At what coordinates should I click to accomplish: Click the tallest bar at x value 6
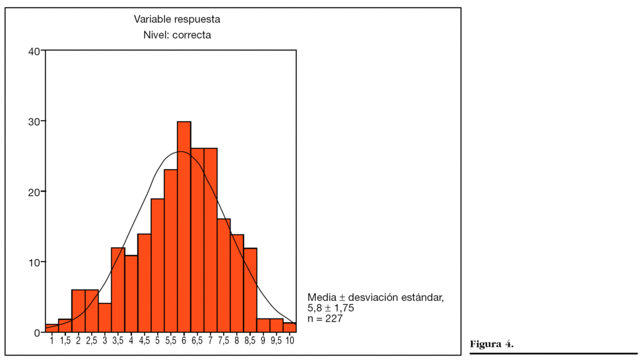point(184,226)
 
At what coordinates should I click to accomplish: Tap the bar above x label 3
point(105,317)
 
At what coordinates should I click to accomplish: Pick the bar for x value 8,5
point(251,290)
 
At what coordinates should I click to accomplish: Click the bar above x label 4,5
point(144,283)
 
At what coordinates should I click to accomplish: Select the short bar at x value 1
point(51,328)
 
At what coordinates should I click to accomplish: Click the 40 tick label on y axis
point(35,51)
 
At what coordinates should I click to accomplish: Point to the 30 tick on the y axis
point(35,121)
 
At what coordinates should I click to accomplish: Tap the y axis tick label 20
point(35,192)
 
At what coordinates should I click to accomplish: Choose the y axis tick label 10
point(35,262)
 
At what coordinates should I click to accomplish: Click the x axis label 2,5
point(92,341)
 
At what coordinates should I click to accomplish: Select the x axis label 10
point(290,341)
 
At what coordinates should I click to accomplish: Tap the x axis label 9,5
point(276,341)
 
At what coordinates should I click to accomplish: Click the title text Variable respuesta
point(177,19)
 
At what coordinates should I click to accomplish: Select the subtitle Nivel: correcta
point(177,35)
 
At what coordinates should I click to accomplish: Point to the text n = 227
point(325,319)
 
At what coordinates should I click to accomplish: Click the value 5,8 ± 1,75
point(331,308)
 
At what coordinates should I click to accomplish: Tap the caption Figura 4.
point(492,344)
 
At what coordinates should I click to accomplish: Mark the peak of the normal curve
point(180,151)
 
